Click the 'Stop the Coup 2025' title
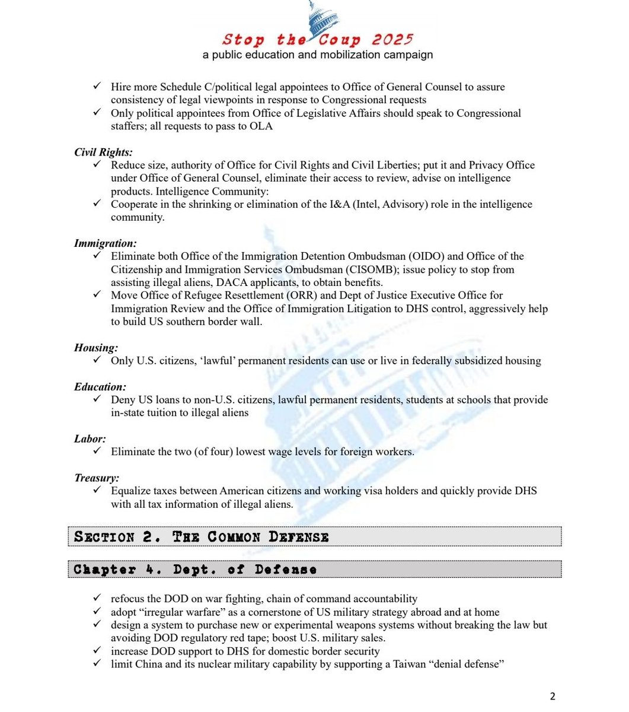317,40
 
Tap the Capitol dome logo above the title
321,15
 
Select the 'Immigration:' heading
106,243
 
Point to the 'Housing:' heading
96,348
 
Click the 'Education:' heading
100,387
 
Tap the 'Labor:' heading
90,439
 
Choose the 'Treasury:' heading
97,478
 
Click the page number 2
553,697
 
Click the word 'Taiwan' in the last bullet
409,664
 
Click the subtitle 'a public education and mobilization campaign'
318,55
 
